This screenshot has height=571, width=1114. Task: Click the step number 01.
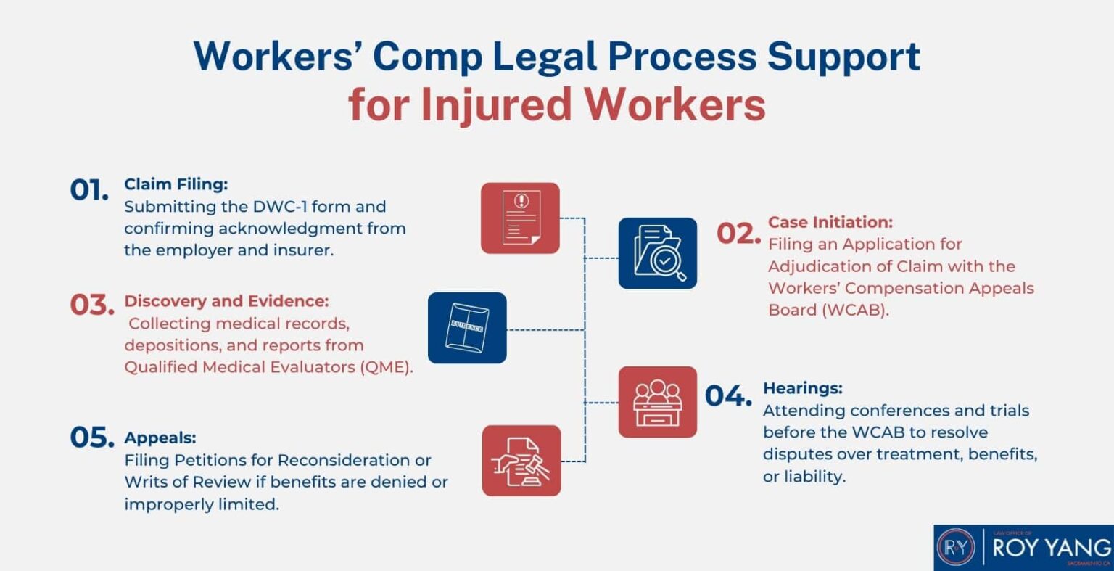89,190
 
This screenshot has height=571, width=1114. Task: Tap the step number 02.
738,234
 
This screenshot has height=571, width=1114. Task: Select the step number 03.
92,305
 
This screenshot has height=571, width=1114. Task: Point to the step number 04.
728,396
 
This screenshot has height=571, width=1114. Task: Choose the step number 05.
92,438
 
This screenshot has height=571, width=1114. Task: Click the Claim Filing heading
176,184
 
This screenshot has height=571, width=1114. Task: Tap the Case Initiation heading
830,222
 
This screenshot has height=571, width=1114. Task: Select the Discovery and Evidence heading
226,301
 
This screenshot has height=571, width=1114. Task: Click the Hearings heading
802,388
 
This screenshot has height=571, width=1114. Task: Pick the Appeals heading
160,438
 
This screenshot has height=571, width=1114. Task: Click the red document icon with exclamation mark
520,218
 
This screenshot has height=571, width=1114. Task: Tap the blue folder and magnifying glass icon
657,253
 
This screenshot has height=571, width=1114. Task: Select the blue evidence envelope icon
467,328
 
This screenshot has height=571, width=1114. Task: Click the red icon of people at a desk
657,402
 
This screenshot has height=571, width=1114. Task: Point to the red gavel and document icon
521,461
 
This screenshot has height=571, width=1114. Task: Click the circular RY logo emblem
957,549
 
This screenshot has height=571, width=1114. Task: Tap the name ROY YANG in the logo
1051,547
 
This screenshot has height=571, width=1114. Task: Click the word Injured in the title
497,105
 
